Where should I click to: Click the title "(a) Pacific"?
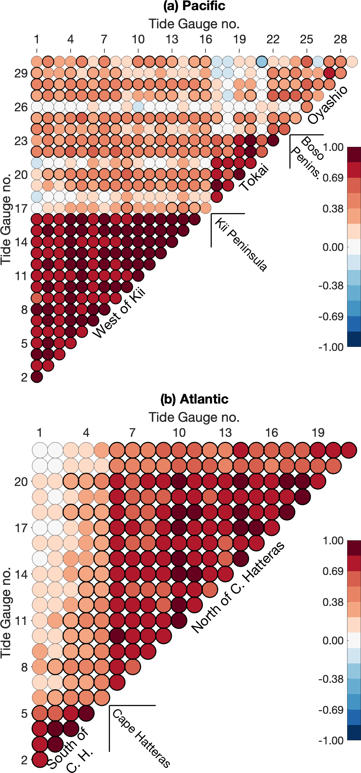click(194, 6)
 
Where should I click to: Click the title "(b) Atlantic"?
click(194, 399)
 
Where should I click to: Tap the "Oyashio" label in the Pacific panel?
click(327, 105)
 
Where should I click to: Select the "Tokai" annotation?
click(254, 178)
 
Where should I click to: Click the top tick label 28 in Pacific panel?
click(340, 39)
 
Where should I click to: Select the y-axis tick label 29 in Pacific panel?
click(21, 73)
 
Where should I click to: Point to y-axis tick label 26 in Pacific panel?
click(21, 107)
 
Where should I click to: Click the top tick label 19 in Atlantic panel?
click(318, 433)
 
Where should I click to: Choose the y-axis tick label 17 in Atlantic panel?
click(21, 528)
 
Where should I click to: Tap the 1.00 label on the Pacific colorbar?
click(333, 147)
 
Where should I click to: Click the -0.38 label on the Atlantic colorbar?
click(331, 679)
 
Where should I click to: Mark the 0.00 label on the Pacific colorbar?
click(333, 247)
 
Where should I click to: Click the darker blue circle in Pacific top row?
click(261, 62)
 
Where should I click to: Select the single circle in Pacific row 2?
click(37, 377)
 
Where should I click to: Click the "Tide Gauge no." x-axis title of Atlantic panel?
click(194, 417)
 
